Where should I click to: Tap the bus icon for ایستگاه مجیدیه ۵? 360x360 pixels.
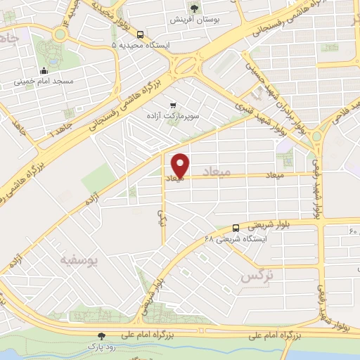[x=141, y=34]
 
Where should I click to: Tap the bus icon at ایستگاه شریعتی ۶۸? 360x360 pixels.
[x=236, y=228]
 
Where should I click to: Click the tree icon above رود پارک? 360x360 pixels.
[x=103, y=336]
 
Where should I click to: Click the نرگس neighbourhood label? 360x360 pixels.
[x=256, y=276]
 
